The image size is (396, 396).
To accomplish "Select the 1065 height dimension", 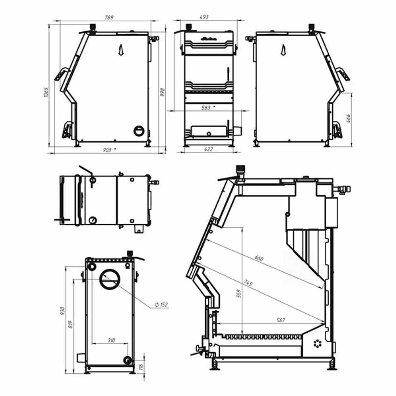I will point(46,92).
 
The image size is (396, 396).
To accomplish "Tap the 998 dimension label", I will point(162,92).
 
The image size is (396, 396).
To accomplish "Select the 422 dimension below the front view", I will point(209,149).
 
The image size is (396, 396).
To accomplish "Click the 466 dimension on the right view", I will point(348,118).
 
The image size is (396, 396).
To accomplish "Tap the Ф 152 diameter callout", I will point(162,305).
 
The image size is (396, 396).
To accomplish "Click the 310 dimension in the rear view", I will point(111,340).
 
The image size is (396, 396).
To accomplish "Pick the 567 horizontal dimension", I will point(282,320).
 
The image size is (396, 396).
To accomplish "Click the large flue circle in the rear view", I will point(110,279).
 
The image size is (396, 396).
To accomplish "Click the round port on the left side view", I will point(139,130).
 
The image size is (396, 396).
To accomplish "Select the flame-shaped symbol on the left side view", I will point(121,49).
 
